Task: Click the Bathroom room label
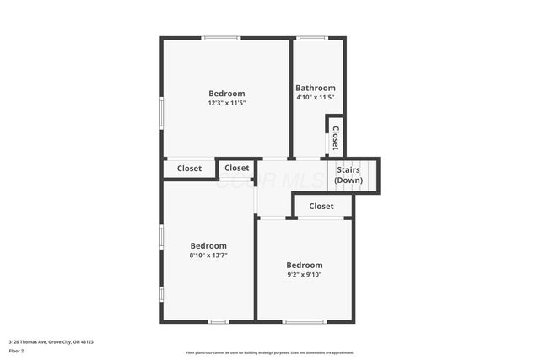[x=315, y=88]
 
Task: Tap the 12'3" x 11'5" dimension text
[x=226, y=103]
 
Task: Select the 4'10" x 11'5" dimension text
[x=315, y=98]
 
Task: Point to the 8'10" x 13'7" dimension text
[x=208, y=255]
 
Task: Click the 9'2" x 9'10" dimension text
[x=304, y=274]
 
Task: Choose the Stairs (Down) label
[x=348, y=175]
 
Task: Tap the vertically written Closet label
[x=335, y=137]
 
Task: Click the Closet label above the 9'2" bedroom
[x=321, y=206]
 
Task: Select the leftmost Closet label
[x=189, y=169]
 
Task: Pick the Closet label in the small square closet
[x=237, y=168]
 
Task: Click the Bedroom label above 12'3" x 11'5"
[x=227, y=93]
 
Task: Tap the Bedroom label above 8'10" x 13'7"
[x=208, y=245]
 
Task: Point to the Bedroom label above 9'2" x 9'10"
[x=304, y=264]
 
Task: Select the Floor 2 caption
[x=17, y=351]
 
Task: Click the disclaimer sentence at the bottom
[x=269, y=352]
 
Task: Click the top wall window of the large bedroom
[x=220, y=38]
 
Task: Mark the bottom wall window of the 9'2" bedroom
[x=304, y=321]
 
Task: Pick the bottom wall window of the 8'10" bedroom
[x=219, y=321]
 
